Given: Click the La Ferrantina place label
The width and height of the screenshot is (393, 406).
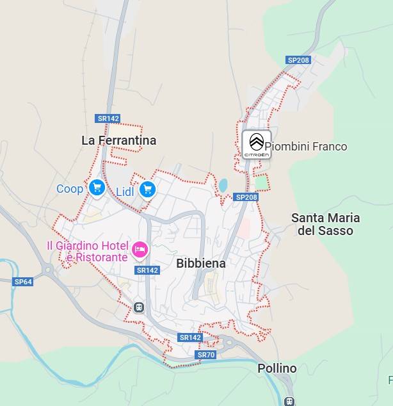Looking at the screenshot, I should [118, 140].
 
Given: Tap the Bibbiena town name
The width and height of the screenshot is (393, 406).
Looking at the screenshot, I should [201, 263].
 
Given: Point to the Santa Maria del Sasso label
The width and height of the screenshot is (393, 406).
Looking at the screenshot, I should [325, 224].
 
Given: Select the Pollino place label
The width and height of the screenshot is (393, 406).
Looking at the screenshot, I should [277, 369].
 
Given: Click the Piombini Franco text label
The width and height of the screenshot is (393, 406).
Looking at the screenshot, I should [306, 147].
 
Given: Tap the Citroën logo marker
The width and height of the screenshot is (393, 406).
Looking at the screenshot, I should [256, 144].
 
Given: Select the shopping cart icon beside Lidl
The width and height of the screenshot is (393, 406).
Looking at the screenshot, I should [148, 190].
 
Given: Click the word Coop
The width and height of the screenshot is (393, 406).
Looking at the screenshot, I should [70, 189].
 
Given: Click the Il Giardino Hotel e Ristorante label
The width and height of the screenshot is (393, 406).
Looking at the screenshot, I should [87, 251].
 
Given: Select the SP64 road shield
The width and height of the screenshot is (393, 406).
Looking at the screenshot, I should [23, 282].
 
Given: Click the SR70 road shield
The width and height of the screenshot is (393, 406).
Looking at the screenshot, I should [206, 355].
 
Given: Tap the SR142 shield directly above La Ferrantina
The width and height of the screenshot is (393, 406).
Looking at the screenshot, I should [108, 118].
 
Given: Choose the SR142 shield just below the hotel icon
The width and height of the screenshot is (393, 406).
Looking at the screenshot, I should [147, 270].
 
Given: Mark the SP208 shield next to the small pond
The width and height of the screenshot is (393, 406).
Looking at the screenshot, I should [246, 197].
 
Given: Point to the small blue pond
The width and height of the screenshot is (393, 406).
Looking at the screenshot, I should [223, 186].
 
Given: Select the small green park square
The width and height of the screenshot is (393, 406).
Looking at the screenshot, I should [261, 183].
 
